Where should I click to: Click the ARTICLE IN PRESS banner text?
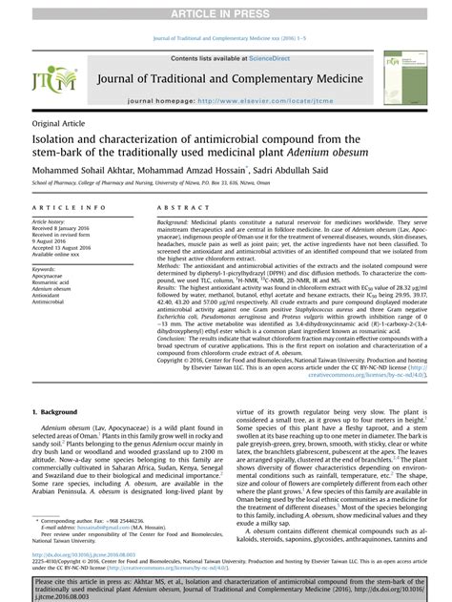[226, 10]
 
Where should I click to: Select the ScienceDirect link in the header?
[257, 58]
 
